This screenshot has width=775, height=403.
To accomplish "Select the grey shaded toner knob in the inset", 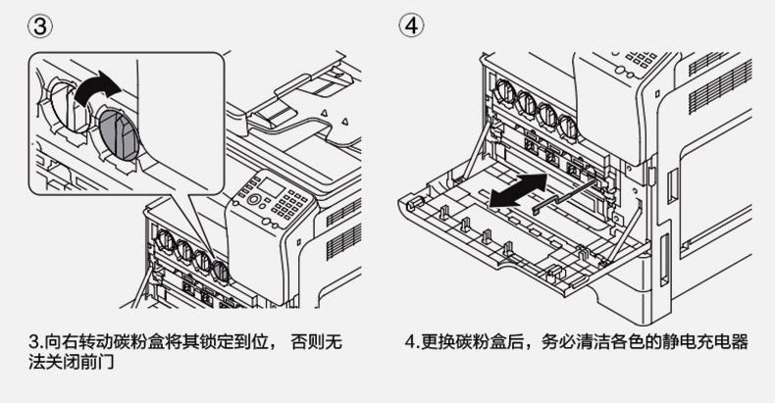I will point(119,134).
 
